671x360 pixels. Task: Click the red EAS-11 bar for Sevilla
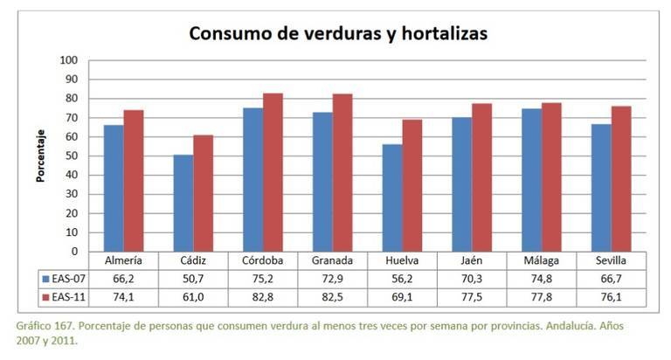point(620,178)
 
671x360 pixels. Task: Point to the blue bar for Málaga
point(530,180)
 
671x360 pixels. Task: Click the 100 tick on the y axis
point(69,60)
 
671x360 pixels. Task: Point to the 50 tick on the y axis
point(72,156)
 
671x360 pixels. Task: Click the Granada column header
point(331,260)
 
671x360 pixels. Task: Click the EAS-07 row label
point(66,279)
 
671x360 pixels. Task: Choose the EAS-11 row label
point(66,297)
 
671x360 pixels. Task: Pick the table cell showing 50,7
point(192,279)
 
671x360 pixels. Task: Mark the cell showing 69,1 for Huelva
point(401,297)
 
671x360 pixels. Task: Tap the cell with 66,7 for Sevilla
point(611,279)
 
